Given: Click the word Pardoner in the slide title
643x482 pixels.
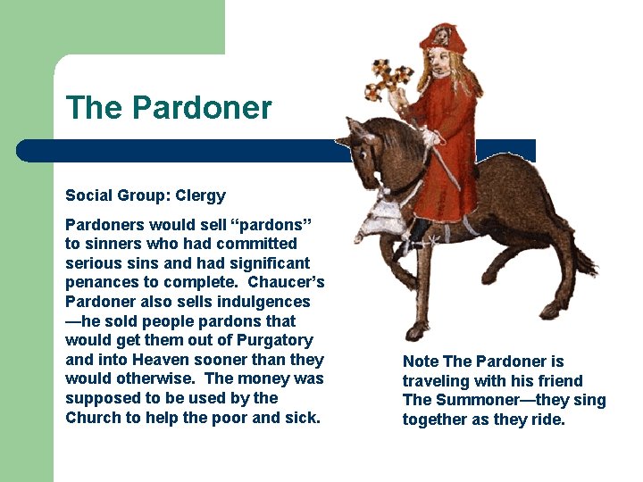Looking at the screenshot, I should coord(202,108).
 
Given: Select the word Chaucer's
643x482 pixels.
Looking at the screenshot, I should coord(287,282).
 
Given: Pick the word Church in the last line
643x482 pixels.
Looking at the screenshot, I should coord(95,418).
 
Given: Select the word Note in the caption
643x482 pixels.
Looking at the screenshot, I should coord(421,361).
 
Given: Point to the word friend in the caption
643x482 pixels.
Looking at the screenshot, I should coord(558,381).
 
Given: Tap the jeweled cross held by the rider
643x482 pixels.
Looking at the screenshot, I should coord(388,80).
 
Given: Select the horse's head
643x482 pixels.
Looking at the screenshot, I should coord(361,147).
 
